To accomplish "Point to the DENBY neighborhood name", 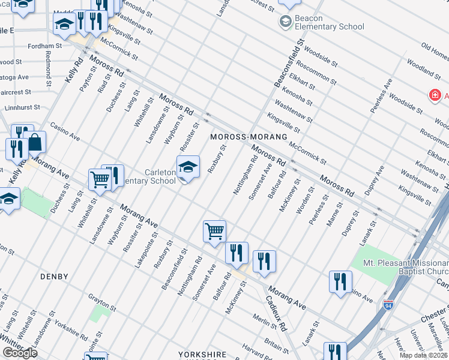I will tap(54, 277).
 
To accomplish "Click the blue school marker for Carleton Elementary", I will tap(188, 168).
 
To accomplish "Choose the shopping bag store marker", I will tap(35, 142).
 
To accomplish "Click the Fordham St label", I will tap(46, 46).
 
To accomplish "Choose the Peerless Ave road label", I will tap(381, 95).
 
